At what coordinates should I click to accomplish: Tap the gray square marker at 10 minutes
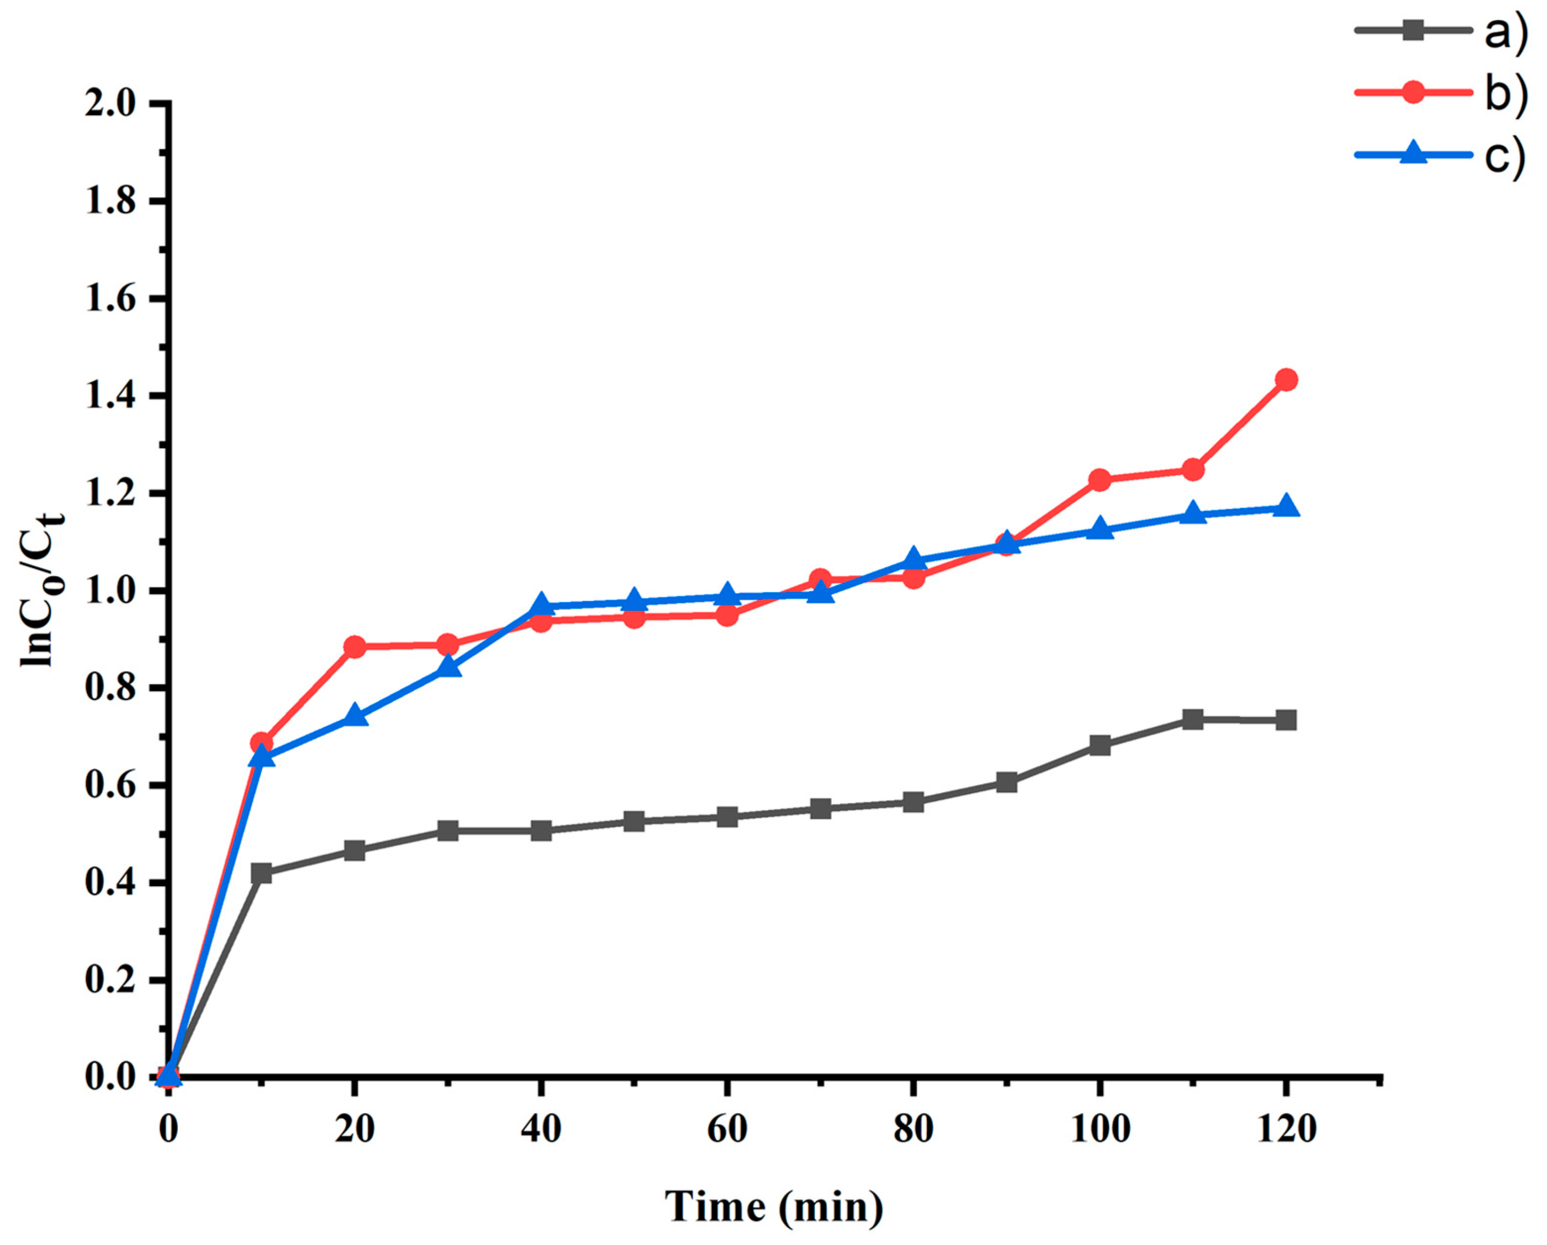(262, 874)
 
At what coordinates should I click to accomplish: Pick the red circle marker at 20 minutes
(354, 647)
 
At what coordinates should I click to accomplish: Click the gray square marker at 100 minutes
(1099, 745)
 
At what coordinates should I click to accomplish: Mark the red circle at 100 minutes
(1099, 480)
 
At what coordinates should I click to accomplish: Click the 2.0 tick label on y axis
(110, 104)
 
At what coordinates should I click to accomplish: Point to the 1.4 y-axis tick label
(110, 397)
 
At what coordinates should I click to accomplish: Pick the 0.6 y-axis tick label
(110, 785)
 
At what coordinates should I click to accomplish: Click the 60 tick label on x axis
(727, 1130)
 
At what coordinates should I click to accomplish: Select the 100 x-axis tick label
(1099, 1130)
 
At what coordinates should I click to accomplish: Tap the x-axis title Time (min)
(774, 1206)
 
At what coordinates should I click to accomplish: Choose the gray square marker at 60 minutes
(727, 817)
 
